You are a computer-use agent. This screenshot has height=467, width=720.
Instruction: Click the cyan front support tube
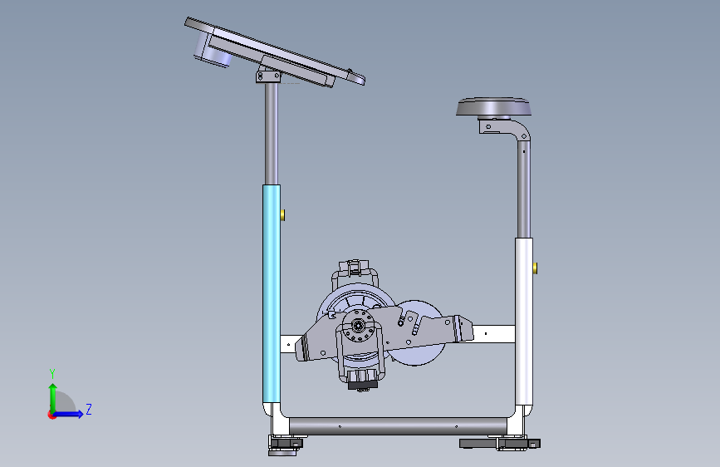pyautogui.click(x=272, y=294)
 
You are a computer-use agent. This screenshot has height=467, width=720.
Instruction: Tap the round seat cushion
pyautogui.click(x=493, y=106)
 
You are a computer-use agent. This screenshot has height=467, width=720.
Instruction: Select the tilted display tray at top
pyautogui.click(x=275, y=52)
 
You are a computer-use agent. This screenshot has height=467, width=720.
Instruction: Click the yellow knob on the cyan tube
pyautogui.click(x=283, y=214)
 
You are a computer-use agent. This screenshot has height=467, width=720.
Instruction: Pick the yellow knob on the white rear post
pyautogui.click(x=536, y=268)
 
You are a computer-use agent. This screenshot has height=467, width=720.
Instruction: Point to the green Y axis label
pyautogui.click(x=52, y=374)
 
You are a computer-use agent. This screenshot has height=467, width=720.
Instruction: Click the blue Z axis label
pyautogui.click(x=89, y=409)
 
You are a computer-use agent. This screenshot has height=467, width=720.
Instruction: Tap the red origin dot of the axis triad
pyautogui.click(x=51, y=415)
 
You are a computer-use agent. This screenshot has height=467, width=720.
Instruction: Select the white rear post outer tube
pyautogui.click(x=524, y=322)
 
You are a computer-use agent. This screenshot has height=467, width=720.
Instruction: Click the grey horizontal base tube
pyautogui.click(x=398, y=426)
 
